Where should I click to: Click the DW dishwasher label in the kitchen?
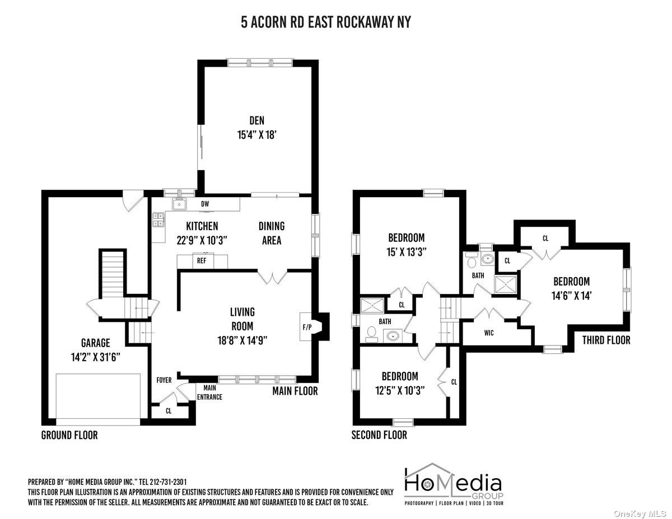click(x=205, y=204)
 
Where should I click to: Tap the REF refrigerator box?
click(x=202, y=261)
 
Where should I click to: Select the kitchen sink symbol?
click(x=179, y=204)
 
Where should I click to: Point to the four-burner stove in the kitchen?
click(x=158, y=220)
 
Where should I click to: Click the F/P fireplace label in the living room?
click(x=307, y=327)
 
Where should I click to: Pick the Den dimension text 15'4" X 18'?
click(x=256, y=135)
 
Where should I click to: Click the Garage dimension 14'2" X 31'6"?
click(x=96, y=357)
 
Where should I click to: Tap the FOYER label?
click(x=164, y=380)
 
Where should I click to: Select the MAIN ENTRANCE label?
click(x=209, y=392)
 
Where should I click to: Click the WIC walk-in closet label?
click(x=489, y=333)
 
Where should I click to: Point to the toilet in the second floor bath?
click(x=371, y=334)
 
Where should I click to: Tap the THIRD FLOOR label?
click(x=606, y=340)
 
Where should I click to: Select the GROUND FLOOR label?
click(x=69, y=435)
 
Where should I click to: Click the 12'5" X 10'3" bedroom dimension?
click(x=400, y=391)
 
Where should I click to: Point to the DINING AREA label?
click(x=272, y=233)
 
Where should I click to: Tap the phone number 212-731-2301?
click(x=168, y=482)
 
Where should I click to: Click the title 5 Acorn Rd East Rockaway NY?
click(x=326, y=22)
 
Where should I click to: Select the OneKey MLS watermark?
click(x=640, y=513)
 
